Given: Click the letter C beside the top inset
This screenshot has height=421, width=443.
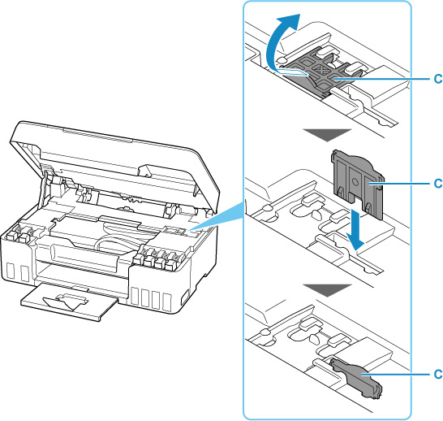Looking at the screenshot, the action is coord(438,79).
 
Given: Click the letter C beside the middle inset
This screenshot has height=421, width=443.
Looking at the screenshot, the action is coord(438,184).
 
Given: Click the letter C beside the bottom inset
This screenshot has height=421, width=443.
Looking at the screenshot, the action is coord(438,374).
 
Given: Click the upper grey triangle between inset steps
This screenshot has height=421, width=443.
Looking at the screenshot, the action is coord(327,135).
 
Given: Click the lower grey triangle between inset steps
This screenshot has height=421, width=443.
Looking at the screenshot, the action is coord(327,290).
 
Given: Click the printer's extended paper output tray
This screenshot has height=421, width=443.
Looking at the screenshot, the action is coord(68,302).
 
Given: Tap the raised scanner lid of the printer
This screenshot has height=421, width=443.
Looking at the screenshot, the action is coord(113,158).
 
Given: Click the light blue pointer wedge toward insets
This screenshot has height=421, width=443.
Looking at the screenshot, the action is coord(217,218).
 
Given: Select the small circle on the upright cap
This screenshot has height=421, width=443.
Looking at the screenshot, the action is coord(355,183).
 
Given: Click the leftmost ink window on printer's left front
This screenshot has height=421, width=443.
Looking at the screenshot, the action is coord(11,271).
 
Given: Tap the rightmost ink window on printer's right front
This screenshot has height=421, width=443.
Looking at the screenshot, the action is coord(167,302).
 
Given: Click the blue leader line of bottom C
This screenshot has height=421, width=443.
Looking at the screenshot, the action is coord(396,374).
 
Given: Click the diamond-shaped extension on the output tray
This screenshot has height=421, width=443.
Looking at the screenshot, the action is coord(66,302).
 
